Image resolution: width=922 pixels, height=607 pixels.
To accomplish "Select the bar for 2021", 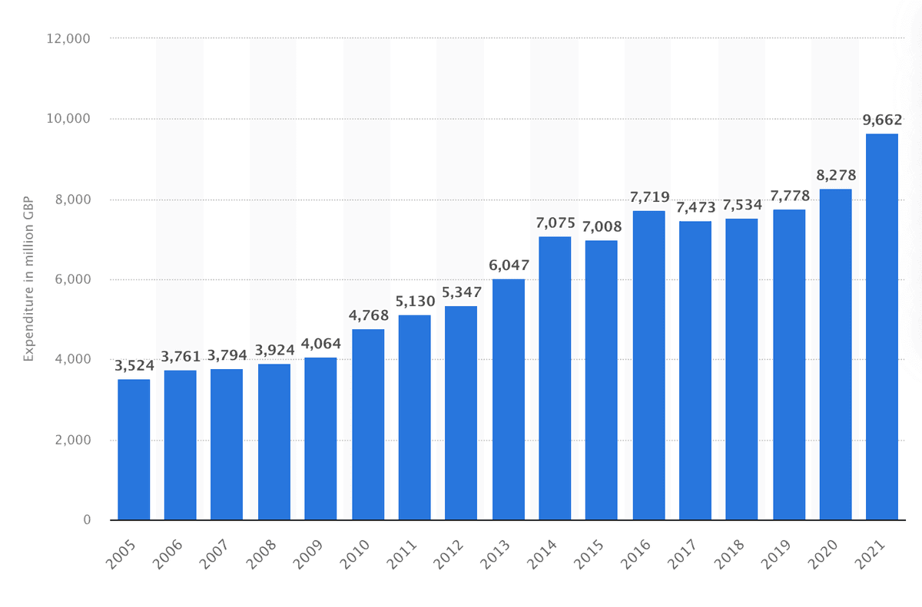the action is pyautogui.click(x=882, y=327).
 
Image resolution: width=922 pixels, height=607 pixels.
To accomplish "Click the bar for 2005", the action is pyautogui.click(x=134, y=450).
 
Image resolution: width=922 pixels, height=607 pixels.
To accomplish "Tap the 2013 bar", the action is pyautogui.click(x=509, y=400).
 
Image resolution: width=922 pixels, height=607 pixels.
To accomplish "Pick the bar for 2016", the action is pyautogui.click(x=648, y=365).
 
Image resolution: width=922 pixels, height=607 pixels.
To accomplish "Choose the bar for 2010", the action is pyautogui.click(x=368, y=424).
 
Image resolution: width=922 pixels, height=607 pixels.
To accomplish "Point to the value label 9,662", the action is pyautogui.click(x=882, y=120).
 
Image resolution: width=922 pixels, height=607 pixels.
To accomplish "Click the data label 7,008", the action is pyautogui.click(x=602, y=226).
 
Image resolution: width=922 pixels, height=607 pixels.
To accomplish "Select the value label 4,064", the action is pyautogui.click(x=320, y=344).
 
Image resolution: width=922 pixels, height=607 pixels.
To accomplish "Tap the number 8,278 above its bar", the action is pyautogui.click(x=836, y=176).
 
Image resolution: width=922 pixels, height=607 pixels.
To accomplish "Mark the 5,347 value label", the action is pyautogui.click(x=462, y=292).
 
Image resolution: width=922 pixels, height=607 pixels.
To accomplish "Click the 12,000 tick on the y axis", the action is pyautogui.click(x=68, y=38).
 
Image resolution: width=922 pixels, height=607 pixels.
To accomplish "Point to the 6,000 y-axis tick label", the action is pyautogui.click(x=72, y=279).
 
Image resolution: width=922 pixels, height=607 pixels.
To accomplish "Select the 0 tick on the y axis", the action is pyautogui.click(x=87, y=520).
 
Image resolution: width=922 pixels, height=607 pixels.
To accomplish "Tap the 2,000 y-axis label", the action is pyautogui.click(x=72, y=440).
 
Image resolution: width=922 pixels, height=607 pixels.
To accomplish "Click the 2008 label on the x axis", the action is pyautogui.click(x=261, y=554).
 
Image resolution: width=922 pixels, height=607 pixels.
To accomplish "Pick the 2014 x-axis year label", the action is pyautogui.click(x=542, y=554).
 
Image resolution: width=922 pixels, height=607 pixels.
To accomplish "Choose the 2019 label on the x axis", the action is pyautogui.click(x=776, y=554).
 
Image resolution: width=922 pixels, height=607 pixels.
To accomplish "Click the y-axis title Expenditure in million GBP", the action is pyautogui.click(x=28, y=279).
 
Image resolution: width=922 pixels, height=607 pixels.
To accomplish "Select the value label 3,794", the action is pyautogui.click(x=227, y=355).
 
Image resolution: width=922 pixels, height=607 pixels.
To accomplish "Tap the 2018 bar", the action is pyautogui.click(x=741, y=369).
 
